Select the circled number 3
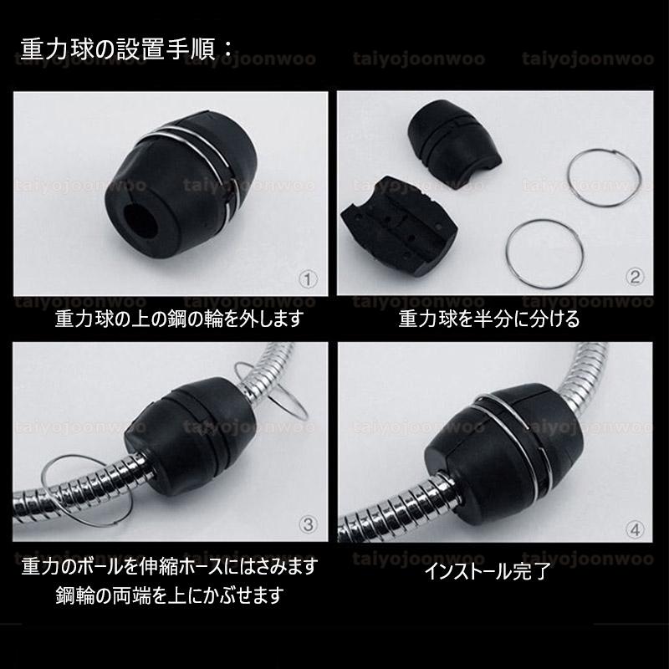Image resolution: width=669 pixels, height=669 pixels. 308,524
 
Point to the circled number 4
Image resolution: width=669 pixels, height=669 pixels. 635,528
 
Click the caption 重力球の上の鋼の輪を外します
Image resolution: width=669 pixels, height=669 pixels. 178,319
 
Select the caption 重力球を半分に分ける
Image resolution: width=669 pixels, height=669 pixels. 488,319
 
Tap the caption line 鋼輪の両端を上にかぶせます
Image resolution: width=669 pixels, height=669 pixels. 169,595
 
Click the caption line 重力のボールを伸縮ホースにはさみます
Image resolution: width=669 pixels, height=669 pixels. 170,567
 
